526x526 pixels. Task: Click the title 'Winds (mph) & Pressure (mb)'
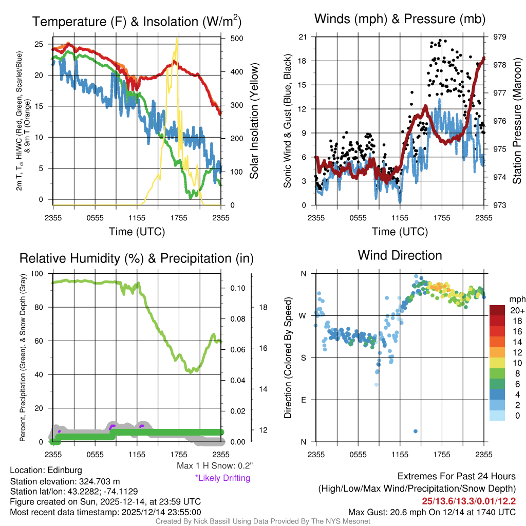(400, 19)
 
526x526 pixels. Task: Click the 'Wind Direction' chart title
(400, 255)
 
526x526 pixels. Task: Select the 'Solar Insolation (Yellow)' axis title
(255, 121)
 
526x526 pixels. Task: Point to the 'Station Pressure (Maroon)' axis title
(517, 121)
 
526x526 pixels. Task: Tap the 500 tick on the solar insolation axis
(233, 39)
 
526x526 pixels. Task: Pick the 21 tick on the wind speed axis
(303, 37)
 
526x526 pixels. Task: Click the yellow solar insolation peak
(177, 39)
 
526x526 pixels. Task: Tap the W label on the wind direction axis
(303, 315)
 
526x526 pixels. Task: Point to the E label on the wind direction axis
(303, 400)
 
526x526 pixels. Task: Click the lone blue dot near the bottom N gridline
(415, 431)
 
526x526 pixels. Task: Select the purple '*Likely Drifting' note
(222, 478)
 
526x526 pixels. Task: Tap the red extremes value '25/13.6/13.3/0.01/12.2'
(469, 500)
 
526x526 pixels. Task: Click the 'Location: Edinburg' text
(46, 470)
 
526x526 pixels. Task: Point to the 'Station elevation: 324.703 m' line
(65, 481)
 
